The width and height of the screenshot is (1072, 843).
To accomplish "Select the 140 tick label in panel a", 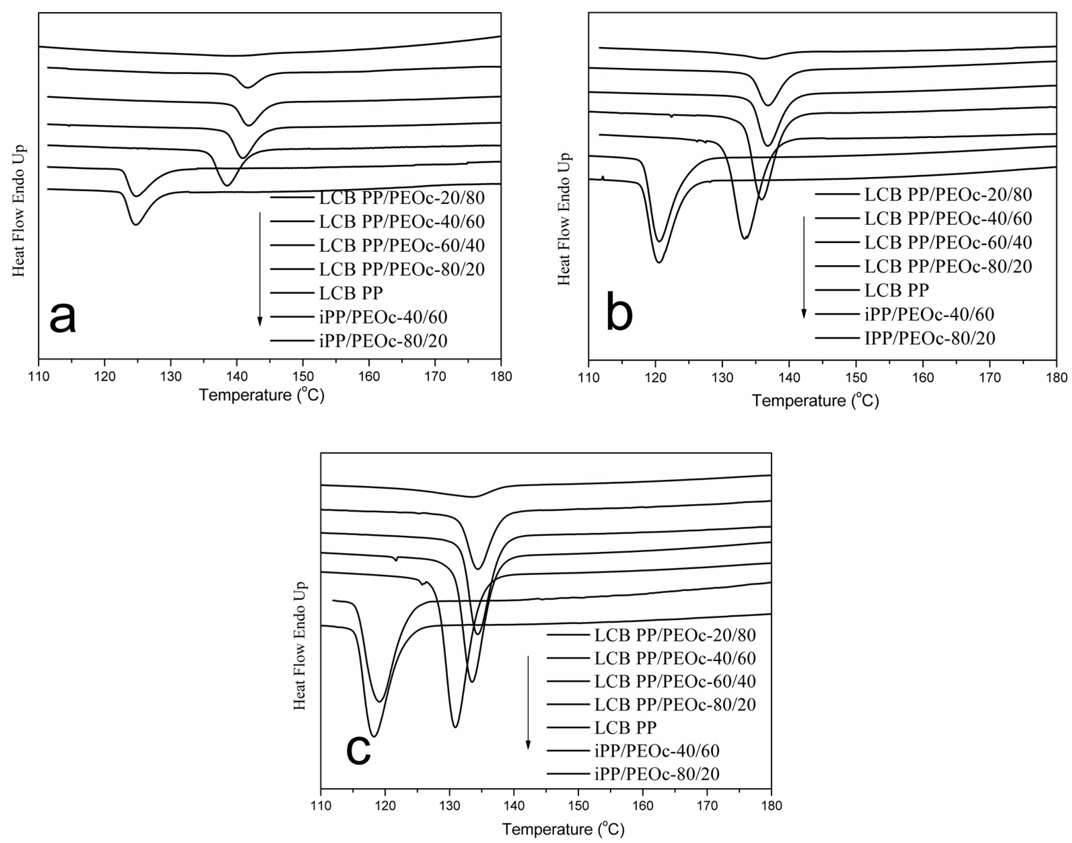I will click(237, 377).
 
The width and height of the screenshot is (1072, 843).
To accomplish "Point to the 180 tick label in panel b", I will click(1056, 378).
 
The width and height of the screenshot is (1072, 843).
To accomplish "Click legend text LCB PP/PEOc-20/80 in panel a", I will click(402, 198).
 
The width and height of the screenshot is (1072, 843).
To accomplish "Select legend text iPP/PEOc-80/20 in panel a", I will click(383, 341).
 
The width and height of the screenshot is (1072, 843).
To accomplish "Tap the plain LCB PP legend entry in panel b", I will click(896, 290).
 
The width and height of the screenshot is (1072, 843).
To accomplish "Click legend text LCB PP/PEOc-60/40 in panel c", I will click(675, 681).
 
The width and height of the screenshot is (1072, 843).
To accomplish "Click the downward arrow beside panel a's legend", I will click(260, 269).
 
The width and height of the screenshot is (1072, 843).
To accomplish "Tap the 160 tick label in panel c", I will click(643, 806).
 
